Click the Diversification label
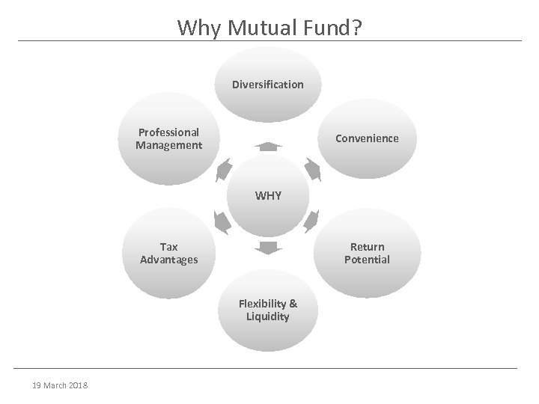[x=268, y=85]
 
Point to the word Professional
[x=168, y=132]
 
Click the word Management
[x=168, y=145]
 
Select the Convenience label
[x=367, y=138]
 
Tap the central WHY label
[x=269, y=196]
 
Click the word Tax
[x=168, y=246]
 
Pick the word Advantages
[x=168, y=260]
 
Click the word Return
[x=367, y=246]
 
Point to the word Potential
[x=367, y=260]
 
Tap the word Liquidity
[x=268, y=316]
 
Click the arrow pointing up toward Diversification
[x=268, y=145]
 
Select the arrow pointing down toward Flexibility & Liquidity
[x=268, y=248]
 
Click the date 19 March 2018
[x=61, y=385]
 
